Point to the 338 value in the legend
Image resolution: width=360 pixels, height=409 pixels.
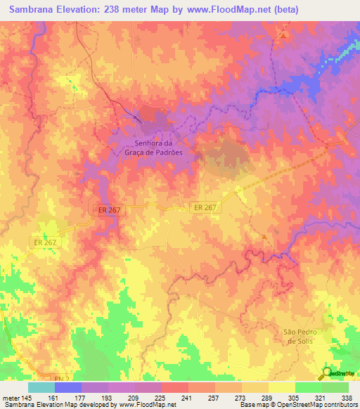[347, 398]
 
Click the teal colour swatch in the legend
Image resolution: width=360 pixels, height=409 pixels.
[41, 387]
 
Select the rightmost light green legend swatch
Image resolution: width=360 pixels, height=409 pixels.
[335, 387]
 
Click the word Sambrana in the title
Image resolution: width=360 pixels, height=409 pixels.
[34, 10]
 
